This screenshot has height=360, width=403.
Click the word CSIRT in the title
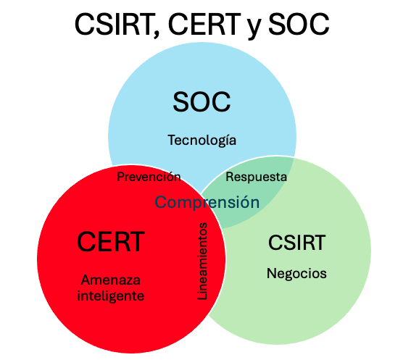coord(114,25)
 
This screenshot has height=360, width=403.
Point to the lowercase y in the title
coord(254,28)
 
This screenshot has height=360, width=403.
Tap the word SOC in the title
coord(299,25)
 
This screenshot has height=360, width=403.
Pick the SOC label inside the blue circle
coord(201,102)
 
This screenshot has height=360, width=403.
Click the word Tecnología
coord(202,141)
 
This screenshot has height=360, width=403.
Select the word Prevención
coord(149,177)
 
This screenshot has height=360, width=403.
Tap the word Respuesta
coord(257,177)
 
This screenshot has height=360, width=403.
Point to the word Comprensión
coord(207,202)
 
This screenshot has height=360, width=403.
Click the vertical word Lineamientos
coord(202,261)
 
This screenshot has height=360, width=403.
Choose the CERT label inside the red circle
coord(111,242)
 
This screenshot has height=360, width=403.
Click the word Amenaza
coord(111,280)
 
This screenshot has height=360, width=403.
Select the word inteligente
coord(111,296)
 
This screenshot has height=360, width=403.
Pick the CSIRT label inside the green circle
coord(297,243)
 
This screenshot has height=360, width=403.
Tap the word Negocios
coord(296,274)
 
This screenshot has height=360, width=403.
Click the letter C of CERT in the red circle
coord(86,242)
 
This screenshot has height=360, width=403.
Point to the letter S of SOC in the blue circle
coord(181,102)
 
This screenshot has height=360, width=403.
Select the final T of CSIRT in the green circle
coord(319,243)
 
